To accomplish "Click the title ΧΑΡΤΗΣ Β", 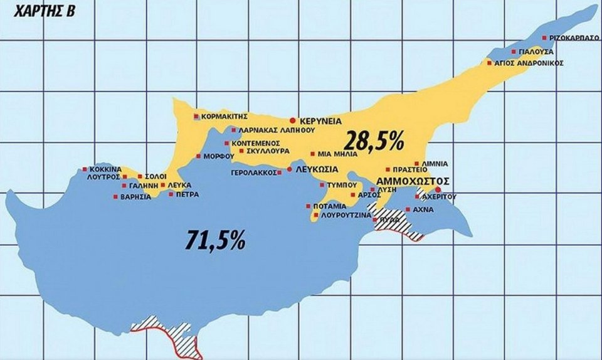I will coord(40,11).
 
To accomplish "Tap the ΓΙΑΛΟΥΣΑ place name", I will coord(536,51).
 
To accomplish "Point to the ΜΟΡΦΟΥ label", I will coord(214,156).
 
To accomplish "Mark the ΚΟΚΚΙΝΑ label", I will coord(105,169).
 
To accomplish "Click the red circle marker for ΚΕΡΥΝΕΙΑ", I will coord(292,120).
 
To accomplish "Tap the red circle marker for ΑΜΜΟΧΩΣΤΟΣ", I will coord(438,189).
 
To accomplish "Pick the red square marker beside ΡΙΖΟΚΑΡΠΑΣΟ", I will coord(544,38).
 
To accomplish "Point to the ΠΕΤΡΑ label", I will coord(187,194).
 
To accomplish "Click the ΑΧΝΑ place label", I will coord(424,209).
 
